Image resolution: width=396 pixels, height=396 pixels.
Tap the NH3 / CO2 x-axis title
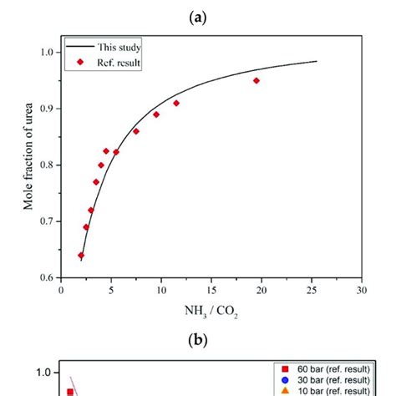[x=210, y=312]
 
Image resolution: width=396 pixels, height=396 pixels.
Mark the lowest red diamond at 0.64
[x=81, y=255]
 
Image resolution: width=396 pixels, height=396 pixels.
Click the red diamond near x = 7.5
[x=136, y=131]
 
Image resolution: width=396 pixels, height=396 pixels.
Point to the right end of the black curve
[x=317, y=61]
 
